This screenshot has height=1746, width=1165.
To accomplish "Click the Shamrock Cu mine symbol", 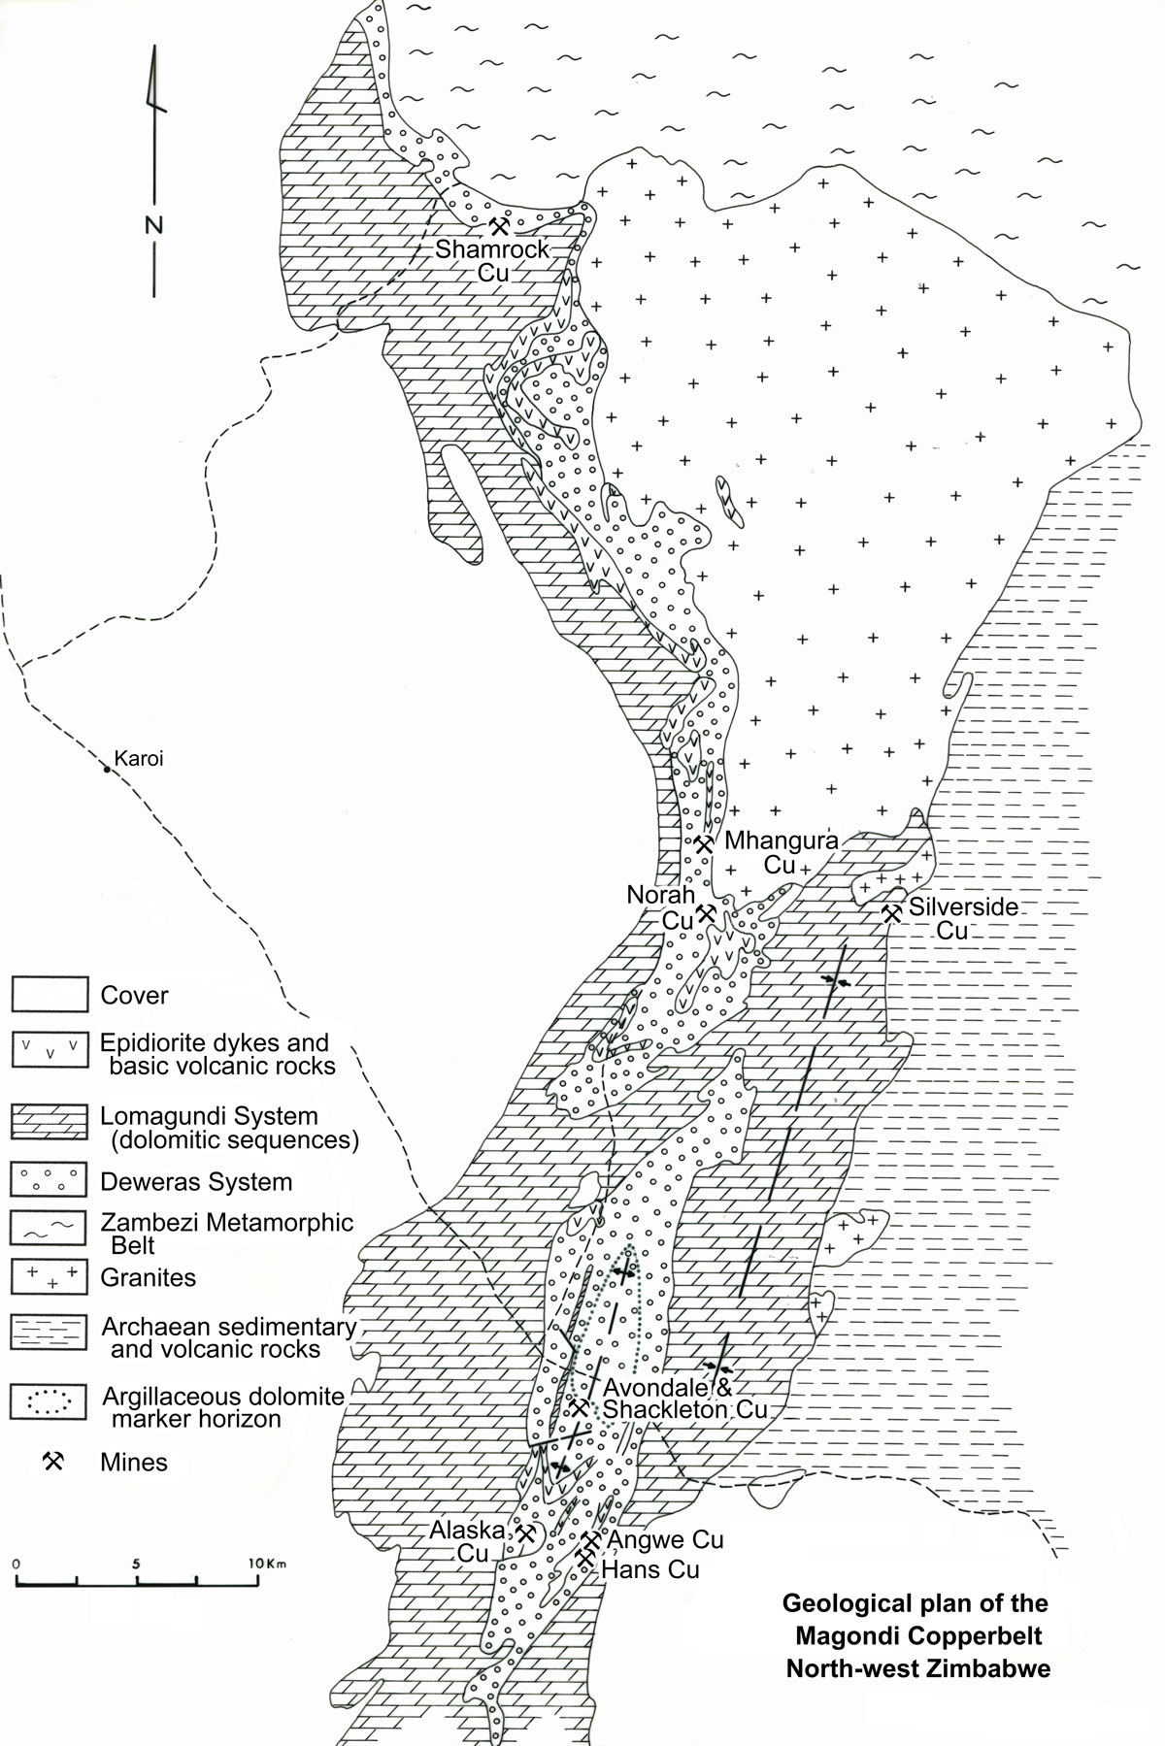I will click(499, 227).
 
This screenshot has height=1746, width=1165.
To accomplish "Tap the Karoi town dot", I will click(107, 770).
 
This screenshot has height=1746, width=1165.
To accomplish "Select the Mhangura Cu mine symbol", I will click(705, 843).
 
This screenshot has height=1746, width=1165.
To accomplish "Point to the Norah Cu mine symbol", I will click(708, 913).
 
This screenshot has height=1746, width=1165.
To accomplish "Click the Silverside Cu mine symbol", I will click(890, 912).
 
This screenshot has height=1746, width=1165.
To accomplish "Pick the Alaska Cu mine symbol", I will click(526, 1534).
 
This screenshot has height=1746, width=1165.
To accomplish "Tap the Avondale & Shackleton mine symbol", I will click(579, 1406).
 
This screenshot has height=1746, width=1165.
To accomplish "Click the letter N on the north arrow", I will click(153, 226).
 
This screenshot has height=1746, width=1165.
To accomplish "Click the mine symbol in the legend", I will click(53, 1461).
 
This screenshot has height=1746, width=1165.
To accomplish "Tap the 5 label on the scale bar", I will click(138, 1565).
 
